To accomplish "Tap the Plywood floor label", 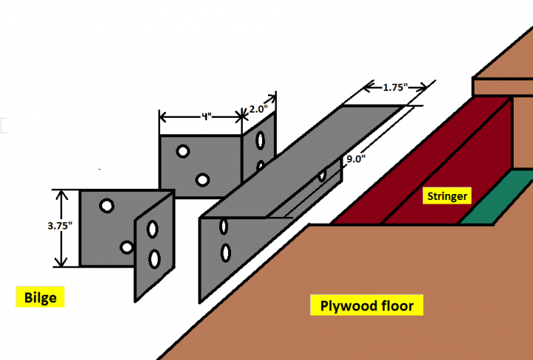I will tap(366, 305).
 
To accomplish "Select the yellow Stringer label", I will tap(446, 197).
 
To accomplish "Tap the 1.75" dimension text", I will tap(396, 87).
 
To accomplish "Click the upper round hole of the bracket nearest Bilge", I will tap(107, 205).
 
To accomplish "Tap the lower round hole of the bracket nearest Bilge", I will tap(127, 247).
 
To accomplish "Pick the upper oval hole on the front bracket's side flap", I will tap(152, 230).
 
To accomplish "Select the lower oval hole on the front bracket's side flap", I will tap(154, 259).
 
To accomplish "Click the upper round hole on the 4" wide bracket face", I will tap(181, 151).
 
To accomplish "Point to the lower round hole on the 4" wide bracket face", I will tap(201, 179).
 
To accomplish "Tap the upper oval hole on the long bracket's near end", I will tap(223, 227).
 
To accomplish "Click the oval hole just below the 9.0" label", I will tap(322, 176).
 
